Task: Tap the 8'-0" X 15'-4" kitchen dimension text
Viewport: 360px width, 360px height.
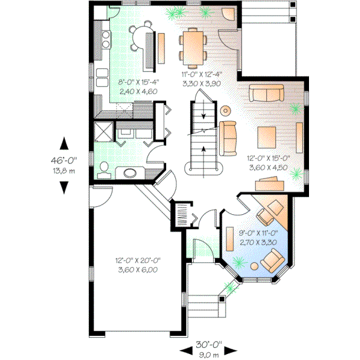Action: (124, 83)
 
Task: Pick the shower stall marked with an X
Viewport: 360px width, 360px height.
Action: (103, 131)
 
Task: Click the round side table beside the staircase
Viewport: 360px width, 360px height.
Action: (225, 110)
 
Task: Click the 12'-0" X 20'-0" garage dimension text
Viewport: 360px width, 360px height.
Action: (137, 261)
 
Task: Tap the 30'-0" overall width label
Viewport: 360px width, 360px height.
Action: (209, 345)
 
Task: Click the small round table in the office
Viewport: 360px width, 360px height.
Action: (254, 266)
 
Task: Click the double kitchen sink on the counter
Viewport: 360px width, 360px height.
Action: (105, 40)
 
